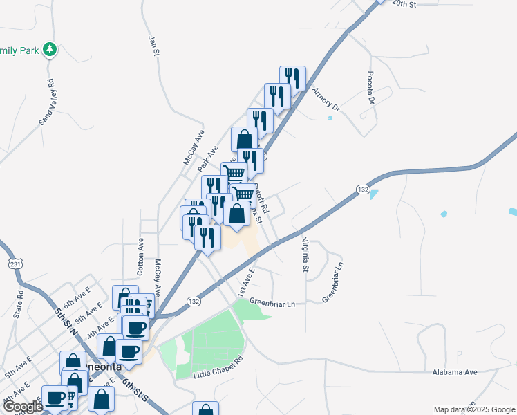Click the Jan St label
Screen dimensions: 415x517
coord(154,46)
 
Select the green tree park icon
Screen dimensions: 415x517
coord(49,49)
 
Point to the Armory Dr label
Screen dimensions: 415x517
coord(326,98)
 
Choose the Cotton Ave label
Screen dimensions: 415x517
coord(140,257)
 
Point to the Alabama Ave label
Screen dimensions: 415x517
coord(455,372)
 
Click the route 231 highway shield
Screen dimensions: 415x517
coord(16,264)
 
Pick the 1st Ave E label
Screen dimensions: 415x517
coord(246,282)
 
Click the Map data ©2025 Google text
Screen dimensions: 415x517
coord(473,409)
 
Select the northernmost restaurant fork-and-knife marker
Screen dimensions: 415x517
coord(293,78)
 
